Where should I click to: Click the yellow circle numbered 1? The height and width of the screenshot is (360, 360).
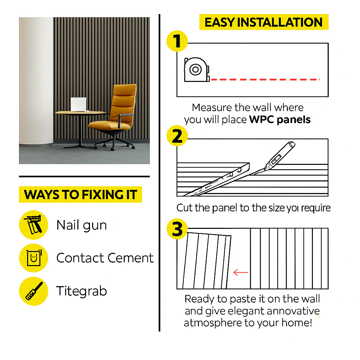pos(177,41)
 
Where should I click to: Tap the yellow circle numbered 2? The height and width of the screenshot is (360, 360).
pos(177,136)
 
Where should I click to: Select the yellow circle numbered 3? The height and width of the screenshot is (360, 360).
pos(177,229)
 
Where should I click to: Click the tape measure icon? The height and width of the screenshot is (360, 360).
pos(197,70)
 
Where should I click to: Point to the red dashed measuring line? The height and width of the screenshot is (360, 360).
pos(265,79)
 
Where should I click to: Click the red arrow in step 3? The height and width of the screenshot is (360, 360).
pos(240,272)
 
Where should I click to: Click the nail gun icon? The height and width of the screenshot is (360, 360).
pos(33,225)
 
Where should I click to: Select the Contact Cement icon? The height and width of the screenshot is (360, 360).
pos(33,258)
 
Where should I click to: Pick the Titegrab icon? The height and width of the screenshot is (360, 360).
pos(33,291)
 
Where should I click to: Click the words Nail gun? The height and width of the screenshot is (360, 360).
pos(82,225)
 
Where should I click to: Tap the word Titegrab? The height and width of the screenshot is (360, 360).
pos(82,291)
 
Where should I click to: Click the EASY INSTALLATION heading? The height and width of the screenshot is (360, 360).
pos(264,22)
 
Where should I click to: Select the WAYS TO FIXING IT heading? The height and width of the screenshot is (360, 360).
pos(81,194)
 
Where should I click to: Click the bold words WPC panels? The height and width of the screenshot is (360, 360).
pos(280,120)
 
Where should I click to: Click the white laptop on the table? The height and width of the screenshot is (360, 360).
pos(78,104)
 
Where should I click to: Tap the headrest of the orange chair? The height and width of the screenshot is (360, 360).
pos(125,90)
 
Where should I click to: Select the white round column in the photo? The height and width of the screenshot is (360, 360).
pos(36,81)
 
